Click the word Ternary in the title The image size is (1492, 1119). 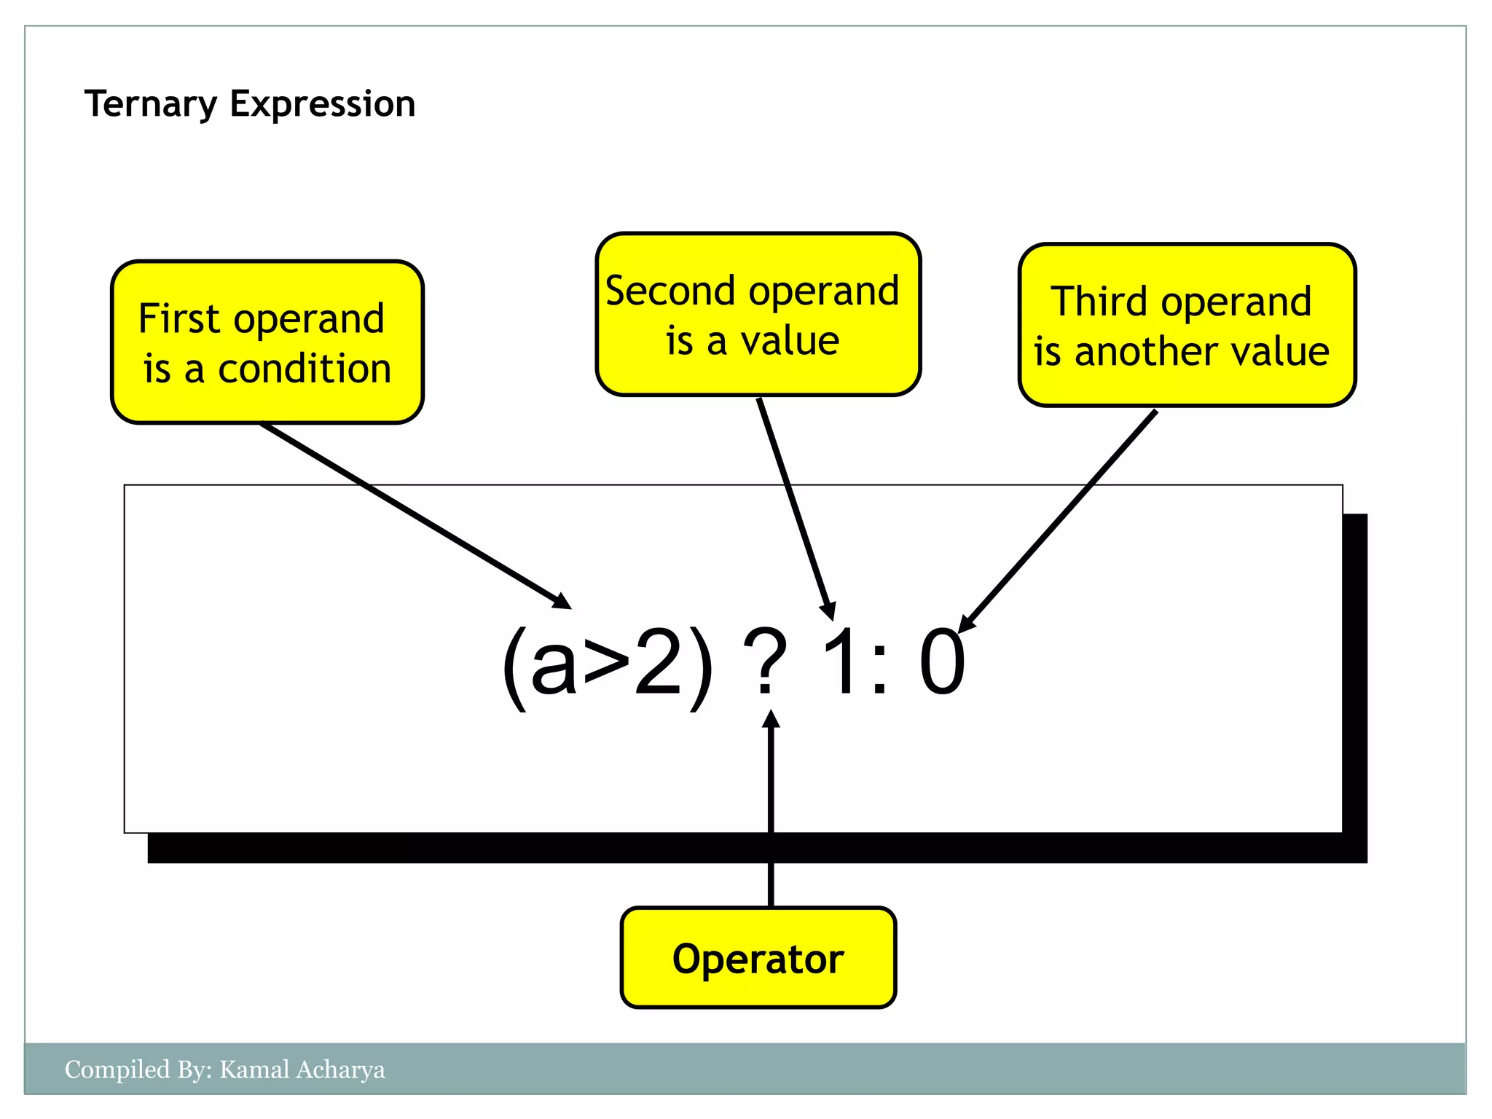(x=150, y=104)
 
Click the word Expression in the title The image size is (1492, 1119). (x=323, y=104)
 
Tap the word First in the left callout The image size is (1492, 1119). (x=178, y=319)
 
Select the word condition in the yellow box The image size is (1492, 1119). (x=305, y=369)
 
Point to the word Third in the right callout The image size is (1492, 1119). (x=1099, y=302)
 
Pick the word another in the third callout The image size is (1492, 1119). (x=1148, y=352)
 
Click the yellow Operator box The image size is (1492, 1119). (x=758, y=958)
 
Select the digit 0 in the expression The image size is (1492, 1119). (x=942, y=661)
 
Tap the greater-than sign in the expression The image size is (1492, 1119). (x=607, y=667)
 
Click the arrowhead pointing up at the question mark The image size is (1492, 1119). (x=771, y=720)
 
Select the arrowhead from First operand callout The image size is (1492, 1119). (x=562, y=601)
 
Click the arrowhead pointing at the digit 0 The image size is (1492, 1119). (x=967, y=623)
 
